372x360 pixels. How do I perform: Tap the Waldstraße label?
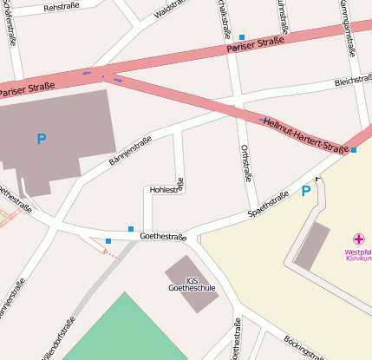(x=169, y=10)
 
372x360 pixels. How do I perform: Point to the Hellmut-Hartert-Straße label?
(x=306, y=134)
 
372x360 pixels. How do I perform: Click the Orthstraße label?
(x=245, y=165)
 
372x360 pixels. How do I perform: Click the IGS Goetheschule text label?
(x=192, y=284)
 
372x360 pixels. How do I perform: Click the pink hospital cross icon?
(x=358, y=239)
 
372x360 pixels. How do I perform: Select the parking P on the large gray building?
(x=41, y=139)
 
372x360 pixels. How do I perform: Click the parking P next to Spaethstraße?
(x=305, y=191)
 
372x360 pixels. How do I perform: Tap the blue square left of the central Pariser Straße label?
(x=241, y=37)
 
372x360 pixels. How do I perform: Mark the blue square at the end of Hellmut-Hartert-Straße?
(x=353, y=150)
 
